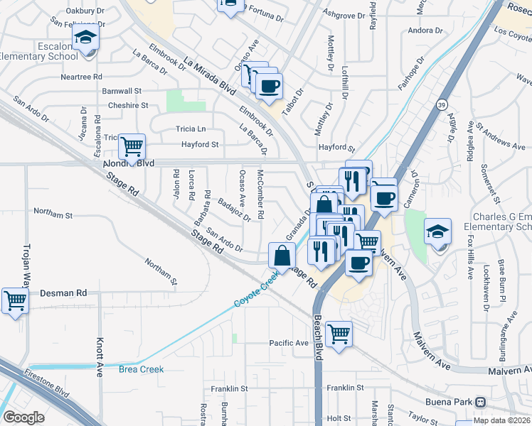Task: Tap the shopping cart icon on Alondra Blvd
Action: point(132,148)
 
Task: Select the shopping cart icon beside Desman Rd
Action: point(15,300)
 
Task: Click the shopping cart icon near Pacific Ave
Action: point(339,332)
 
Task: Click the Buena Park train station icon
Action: point(481,402)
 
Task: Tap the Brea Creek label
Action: point(141,369)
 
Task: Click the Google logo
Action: point(23,417)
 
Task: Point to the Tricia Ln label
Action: point(191,129)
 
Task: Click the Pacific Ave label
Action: point(289,343)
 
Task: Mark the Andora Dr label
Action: point(425,31)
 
